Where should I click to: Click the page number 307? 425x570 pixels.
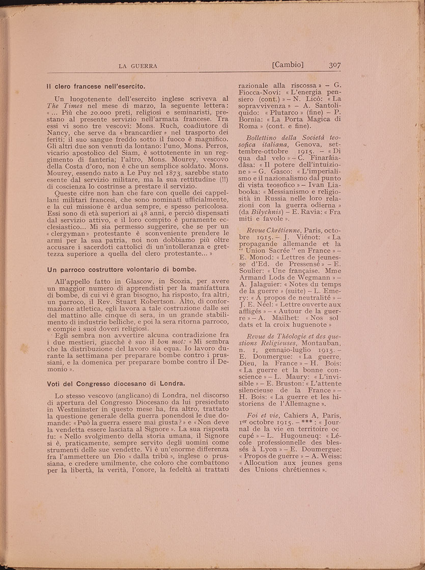[337, 65]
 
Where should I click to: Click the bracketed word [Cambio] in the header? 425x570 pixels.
[288, 65]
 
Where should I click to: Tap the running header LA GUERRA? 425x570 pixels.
[137, 66]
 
